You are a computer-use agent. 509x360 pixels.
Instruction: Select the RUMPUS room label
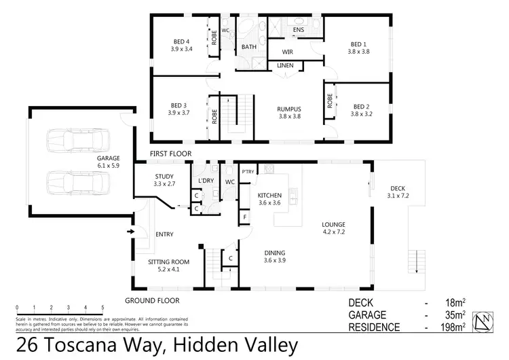[x=289, y=108]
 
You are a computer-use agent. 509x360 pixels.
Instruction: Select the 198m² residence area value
[x=451, y=327]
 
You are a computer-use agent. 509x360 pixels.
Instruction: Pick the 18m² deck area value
[x=453, y=303]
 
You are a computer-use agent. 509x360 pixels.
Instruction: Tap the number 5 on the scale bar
[x=102, y=308]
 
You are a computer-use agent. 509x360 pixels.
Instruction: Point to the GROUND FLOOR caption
[x=151, y=300]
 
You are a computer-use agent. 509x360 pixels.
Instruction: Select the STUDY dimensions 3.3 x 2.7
[x=165, y=184]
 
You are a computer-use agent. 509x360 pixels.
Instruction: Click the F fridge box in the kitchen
[x=244, y=217]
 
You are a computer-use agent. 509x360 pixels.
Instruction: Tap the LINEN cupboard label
[x=286, y=66]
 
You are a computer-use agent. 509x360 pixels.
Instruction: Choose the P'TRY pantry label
[x=247, y=172]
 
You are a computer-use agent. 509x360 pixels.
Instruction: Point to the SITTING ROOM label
[x=168, y=262]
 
